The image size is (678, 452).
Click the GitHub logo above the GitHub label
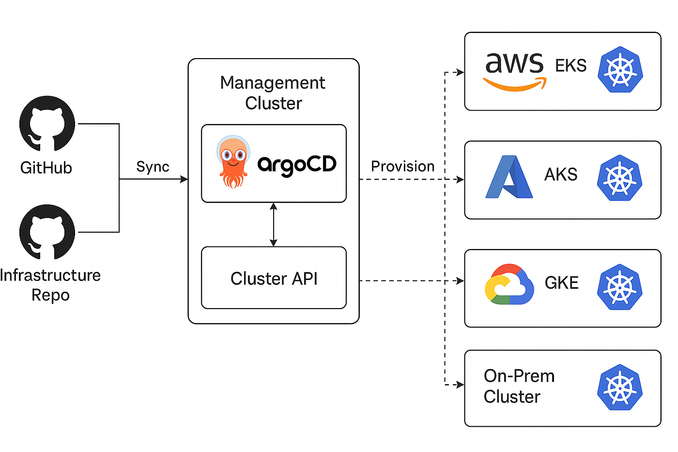(x=47, y=124)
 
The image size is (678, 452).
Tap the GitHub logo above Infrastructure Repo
(x=47, y=232)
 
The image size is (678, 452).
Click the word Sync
(x=153, y=167)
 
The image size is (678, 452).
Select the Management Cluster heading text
(x=273, y=93)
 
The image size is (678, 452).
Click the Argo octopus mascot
(x=233, y=162)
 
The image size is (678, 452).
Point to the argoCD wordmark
(x=296, y=165)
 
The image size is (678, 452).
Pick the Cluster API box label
(x=274, y=279)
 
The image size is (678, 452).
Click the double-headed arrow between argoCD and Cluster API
(x=274, y=224)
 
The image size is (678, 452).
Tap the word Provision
(x=402, y=166)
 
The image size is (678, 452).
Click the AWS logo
(x=515, y=71)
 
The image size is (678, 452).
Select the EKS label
(x=570, y=65)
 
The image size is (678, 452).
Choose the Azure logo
(x=509, y=177)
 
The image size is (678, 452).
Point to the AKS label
(x=561, y=174)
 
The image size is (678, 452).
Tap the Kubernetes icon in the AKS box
(x=620, y=178)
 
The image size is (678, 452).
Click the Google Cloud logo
(x=509, y=284)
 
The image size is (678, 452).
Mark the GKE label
(x=561, y=282)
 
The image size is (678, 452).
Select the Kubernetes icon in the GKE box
(x=620, y=287)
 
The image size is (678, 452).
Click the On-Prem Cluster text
(x=518, y=386)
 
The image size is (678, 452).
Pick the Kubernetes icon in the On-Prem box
(x=620, y=388)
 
